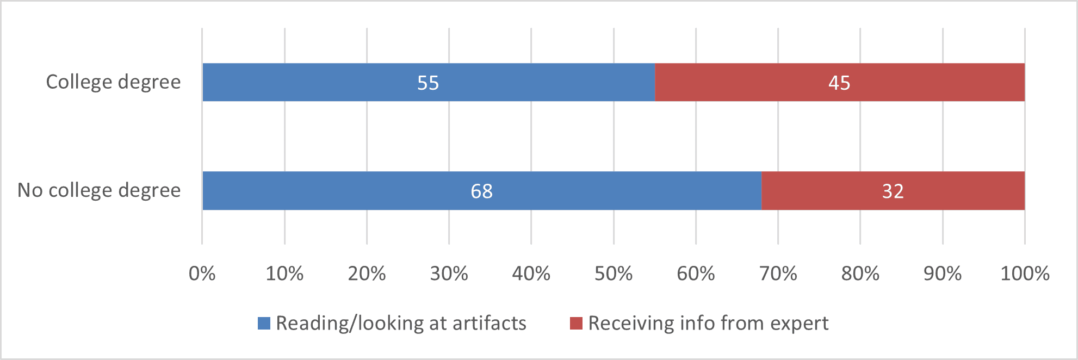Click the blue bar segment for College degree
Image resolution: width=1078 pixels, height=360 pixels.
[x=326, y=82]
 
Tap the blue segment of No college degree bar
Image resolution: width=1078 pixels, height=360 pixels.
[x=354, y=191]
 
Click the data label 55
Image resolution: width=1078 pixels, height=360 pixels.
[x=428, y=83]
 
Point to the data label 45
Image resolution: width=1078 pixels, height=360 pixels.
[x=839, y=83]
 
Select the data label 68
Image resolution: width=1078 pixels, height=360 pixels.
[x=481, y=191]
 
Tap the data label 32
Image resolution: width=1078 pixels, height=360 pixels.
[x=893, y=191]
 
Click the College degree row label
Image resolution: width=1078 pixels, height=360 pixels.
[x=113, y=82]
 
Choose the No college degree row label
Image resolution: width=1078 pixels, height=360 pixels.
[x=99, y=190]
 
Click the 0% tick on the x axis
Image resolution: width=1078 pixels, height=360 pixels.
[x=202, y=274]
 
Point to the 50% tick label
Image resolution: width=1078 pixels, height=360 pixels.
[x=614, y=274]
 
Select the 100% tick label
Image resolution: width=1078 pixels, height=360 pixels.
[x=1025, y=274]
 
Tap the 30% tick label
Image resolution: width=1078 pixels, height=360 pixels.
[x=449, y=274]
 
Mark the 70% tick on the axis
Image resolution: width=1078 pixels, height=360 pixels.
[x=778, y=274]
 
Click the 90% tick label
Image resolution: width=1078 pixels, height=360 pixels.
[x=942, y=274]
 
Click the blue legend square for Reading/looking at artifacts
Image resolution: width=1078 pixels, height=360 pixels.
[x=264, y=324]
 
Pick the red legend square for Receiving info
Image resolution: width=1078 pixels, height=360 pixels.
[x=576, y=324]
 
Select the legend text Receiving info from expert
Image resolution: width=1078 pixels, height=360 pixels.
[x=708, y=324]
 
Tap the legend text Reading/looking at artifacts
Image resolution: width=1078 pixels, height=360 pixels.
[x=401, y=324]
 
